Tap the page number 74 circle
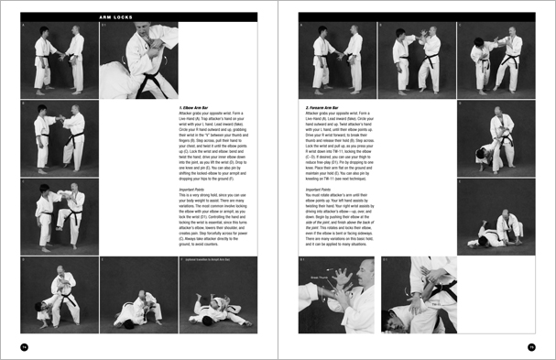[25, 345]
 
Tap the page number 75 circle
[530, 345]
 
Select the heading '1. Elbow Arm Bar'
[197, 108]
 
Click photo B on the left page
[59, 137]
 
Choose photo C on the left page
[59, 215]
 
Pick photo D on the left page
[59, 295]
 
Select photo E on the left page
[137, 295]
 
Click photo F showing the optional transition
[217, 295]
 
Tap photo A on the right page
[336, 60]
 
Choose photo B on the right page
[416, 60]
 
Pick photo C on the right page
[495, 60]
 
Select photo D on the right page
[495, 137]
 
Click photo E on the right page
[495, 215]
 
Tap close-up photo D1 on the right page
[416, 295]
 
